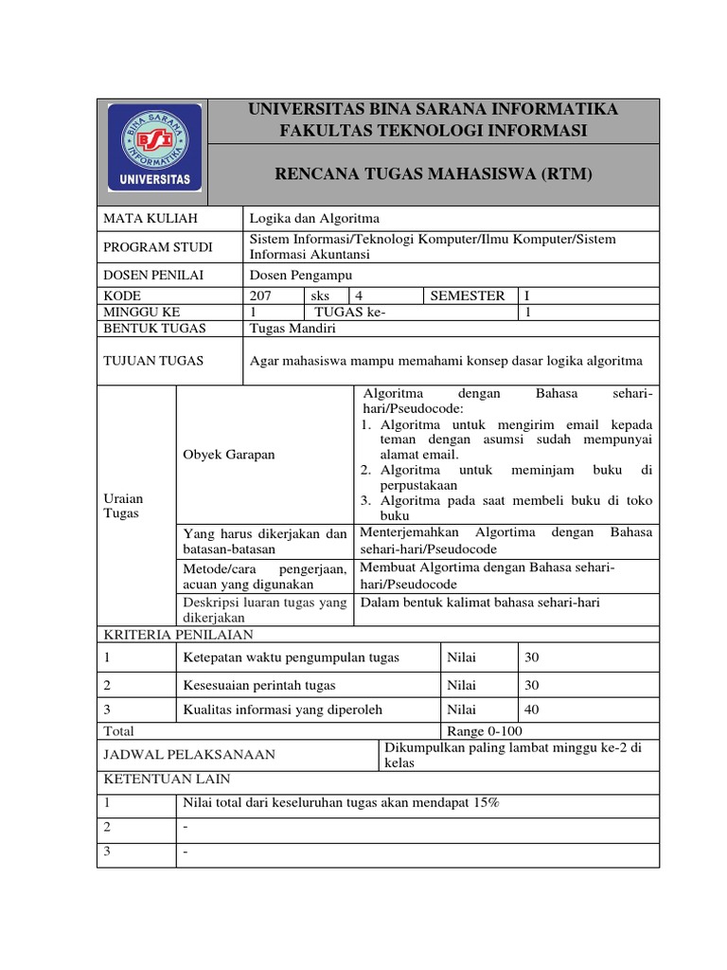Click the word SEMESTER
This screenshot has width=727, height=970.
468,296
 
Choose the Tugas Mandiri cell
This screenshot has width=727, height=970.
292,328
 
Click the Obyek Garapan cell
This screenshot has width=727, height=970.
228,454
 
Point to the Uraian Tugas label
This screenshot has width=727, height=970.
122,505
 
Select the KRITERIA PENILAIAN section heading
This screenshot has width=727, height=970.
178,635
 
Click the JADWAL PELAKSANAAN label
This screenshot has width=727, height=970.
189,754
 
